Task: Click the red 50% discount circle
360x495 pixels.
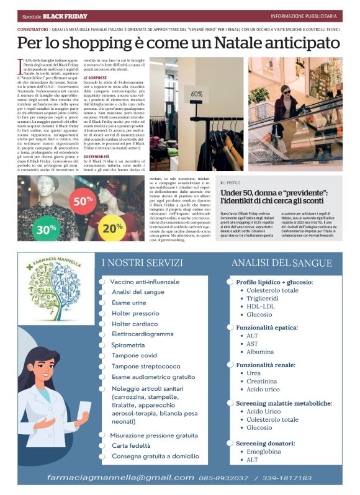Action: (83, 201)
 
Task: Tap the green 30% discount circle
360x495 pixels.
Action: (42, 228)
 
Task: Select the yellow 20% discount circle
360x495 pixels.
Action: (112, 228)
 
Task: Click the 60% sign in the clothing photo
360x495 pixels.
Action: (197, 94)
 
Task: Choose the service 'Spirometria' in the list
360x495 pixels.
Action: (128, 344)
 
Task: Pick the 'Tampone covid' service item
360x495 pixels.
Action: (134, 355)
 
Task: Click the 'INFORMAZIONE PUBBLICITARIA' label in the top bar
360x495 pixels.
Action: (304, 16)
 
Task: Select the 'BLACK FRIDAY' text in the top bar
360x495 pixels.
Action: (69, 16)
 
